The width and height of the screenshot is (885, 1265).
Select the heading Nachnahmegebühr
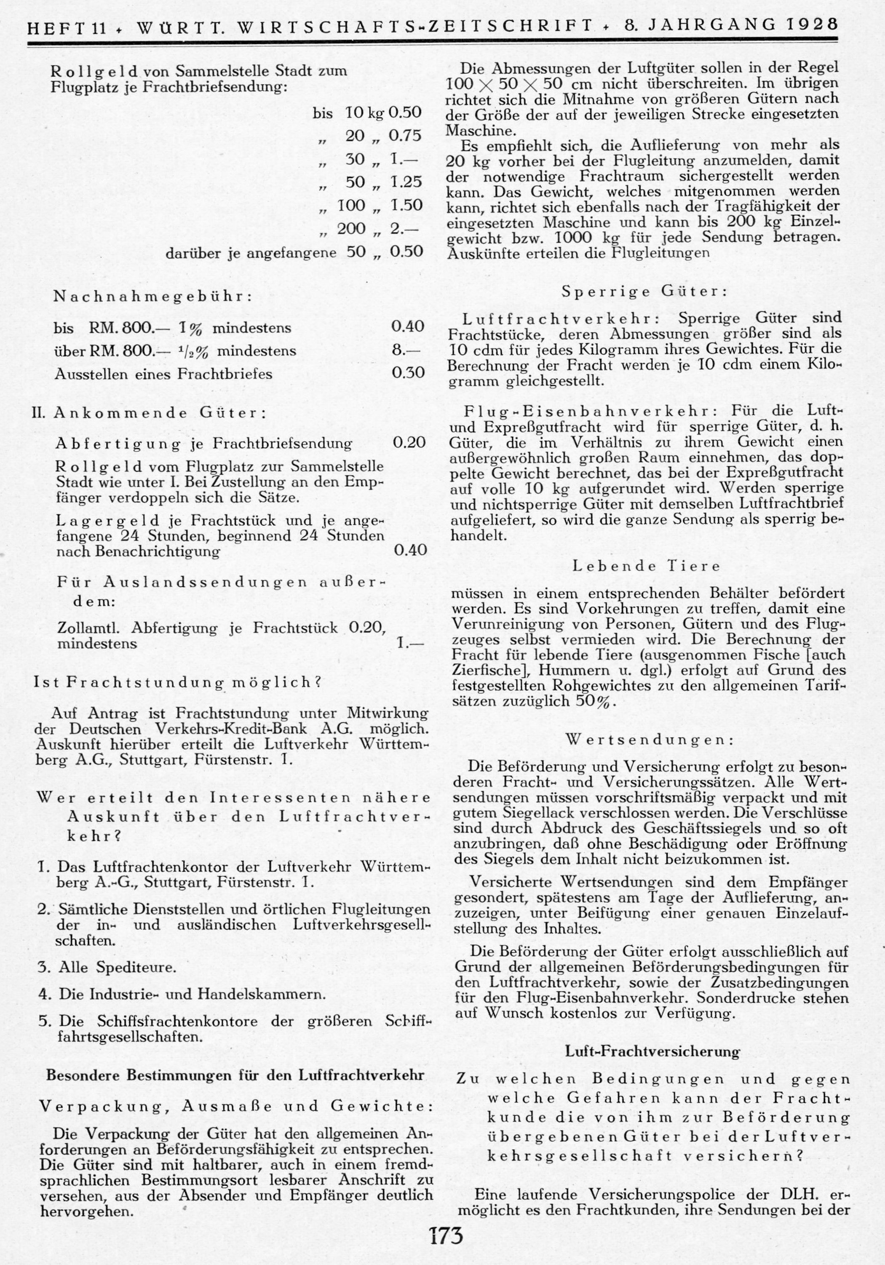152,297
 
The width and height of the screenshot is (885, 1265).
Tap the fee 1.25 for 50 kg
406,182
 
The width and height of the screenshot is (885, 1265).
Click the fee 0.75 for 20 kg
406,136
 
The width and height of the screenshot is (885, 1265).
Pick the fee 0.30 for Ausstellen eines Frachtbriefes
408,373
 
